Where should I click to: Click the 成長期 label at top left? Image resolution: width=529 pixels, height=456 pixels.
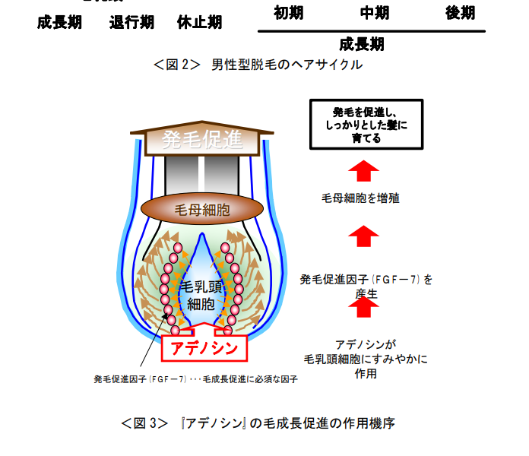pyautogui.click(x=59, y=22)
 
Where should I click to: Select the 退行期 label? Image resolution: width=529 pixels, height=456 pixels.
pyautogui.click(x=131, y=22)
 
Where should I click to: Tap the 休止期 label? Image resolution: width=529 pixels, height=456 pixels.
pyautogui.click(x=200, y=22)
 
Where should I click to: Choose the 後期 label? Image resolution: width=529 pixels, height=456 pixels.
pyautogui.click(x=460, y=12)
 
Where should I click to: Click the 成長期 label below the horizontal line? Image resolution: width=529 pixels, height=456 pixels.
pyautogui.click(x=362, y=43)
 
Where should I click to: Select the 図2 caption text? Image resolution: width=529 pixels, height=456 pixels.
pyautogui.click(x=258, y=65)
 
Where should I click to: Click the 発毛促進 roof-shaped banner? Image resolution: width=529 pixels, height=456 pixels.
pyautogui.click(x=202, y=140)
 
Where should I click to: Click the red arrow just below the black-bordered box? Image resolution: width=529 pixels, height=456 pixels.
pyautogui.click(x=363, y=169)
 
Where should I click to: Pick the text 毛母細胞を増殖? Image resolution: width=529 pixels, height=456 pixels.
pyautogui.click(x=360, y=198)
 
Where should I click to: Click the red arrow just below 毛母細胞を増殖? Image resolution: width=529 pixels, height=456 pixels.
pyautogui.click(x=363, y=236)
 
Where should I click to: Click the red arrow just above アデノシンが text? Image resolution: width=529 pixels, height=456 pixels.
pyautogui.click(x=363, y=306)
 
